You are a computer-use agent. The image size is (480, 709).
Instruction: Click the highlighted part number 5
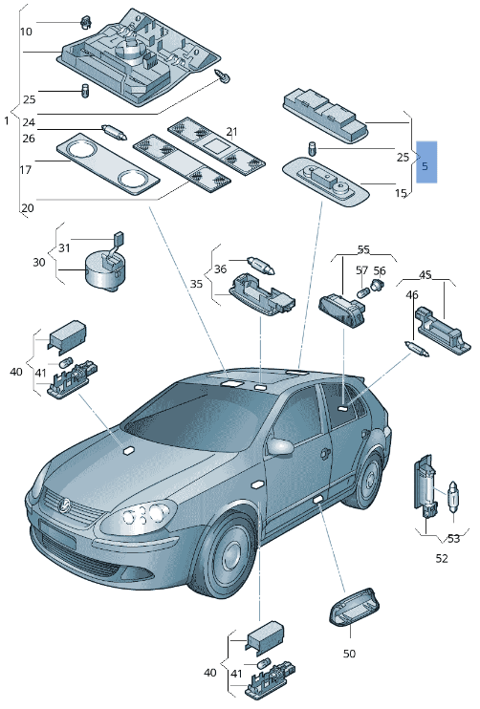coord(426,163)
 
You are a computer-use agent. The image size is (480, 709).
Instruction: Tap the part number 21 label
coord(231,131)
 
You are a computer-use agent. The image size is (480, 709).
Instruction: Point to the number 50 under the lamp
coord(349,654)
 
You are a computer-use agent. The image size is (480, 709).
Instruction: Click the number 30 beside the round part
coord(38,262)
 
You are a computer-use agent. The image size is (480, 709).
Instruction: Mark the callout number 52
coord(442,558)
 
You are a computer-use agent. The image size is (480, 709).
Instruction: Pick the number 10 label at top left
coord(27,32)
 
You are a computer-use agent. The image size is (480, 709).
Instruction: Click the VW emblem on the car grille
coord(65,505)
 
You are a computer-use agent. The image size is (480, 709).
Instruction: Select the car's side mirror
coord(281,446)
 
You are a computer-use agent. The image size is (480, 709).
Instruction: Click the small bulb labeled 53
coord(453,499)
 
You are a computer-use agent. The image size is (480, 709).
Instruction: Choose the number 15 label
coord(402,194)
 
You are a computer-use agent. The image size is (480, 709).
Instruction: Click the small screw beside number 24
coord(225,75)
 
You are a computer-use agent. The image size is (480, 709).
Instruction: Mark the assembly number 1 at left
coord(7,122)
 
